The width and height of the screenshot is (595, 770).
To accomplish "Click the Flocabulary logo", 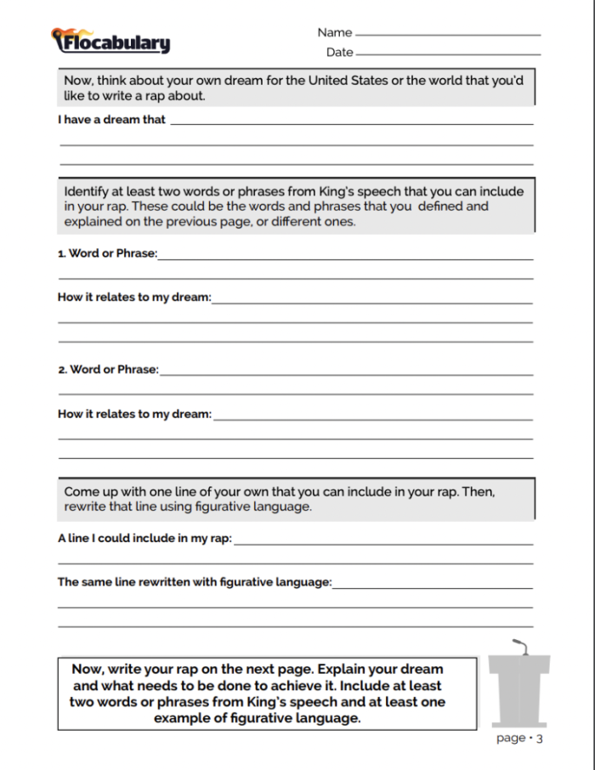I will pos(111,41).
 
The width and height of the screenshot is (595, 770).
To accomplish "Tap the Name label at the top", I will pos(334,32).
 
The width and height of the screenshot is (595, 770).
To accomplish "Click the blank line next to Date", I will pos(448,54).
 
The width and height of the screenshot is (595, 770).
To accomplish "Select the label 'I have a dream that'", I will pos(111,120).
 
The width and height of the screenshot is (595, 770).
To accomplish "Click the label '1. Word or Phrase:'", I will pos(107,253).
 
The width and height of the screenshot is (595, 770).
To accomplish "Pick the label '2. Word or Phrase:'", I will pos(108,370).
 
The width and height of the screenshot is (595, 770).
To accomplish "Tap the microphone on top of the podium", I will pos(520,646).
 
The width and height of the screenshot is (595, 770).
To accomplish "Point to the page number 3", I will pos(539,739).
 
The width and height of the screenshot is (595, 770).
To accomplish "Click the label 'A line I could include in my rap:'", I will pos(144,538).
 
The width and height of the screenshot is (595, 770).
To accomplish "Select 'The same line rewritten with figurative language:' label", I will pos(194,582).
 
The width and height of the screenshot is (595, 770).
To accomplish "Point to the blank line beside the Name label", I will pos(448,34).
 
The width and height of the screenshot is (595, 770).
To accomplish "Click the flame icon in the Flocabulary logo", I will pos(59,37).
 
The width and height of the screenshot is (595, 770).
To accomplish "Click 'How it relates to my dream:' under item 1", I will pos(133,297).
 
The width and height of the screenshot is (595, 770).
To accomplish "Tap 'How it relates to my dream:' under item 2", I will pos(133,414).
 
